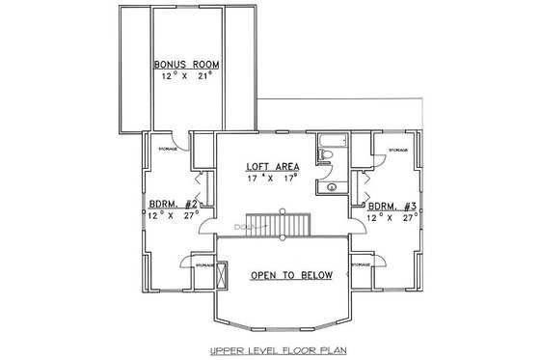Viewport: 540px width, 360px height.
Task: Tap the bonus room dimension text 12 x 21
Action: click(x=186, y=76)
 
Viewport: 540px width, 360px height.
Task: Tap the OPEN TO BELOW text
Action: click(x=291, y=275)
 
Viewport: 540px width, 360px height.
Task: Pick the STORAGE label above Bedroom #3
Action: click(x=396, y=151)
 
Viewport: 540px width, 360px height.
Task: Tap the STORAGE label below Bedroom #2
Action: click(x=203, y=263)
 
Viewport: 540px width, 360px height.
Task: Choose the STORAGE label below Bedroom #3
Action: click(x=363, y=263)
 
